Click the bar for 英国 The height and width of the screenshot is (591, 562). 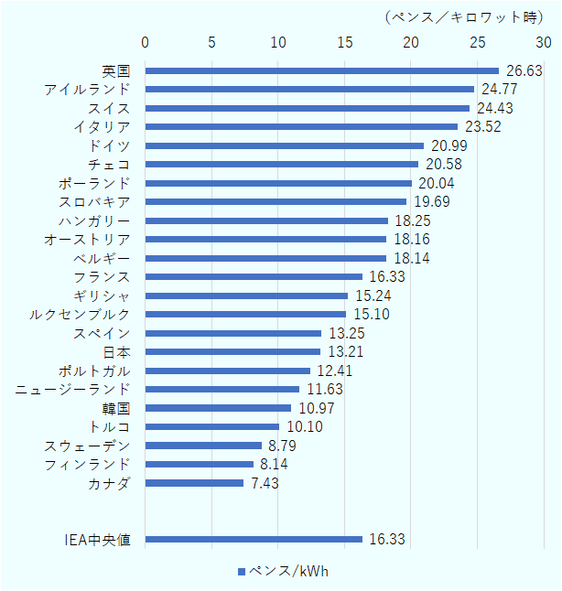click(322, 70)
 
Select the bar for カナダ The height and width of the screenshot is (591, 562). click(194, 483)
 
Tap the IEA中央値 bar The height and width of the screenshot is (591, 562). click(254, 540)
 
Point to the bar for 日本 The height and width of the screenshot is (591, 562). click(232, 351)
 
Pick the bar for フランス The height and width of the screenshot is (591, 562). click(254, 276)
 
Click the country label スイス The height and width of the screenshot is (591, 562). click(110, 108)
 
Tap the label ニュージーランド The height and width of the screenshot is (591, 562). click(73, 390)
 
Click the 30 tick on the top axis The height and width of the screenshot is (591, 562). click(544, 43)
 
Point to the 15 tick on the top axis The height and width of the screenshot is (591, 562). click(344, 43)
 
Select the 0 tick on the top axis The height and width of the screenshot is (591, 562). click(146, 43)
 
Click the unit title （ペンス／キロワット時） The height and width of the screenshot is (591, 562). click(465, 16)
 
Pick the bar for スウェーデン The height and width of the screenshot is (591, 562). click(203, 446)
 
